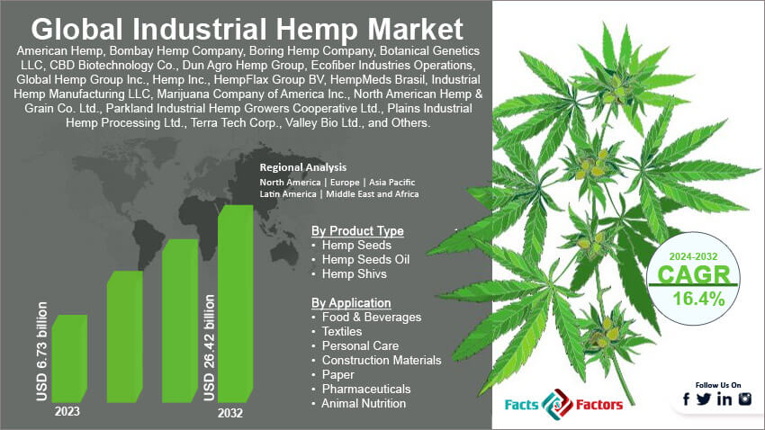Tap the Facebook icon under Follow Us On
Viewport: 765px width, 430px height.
click(x=687, y=399)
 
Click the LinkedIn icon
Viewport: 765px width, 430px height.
click(x=724, y=399)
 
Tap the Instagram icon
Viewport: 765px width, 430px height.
click(x=744, y=399)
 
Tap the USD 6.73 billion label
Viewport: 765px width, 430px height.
click(x=41, y=354)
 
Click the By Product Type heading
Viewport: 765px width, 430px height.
click(x=357, y=230)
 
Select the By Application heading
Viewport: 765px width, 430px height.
click(x=350, y=302)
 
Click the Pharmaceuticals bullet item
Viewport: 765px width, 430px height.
click(x=365, y=389)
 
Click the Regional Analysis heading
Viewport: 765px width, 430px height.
click(x=302, y=167)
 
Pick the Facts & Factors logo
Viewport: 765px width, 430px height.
click(x=563, y=404)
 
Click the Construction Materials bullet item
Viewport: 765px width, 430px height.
click(x=382, y=360)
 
